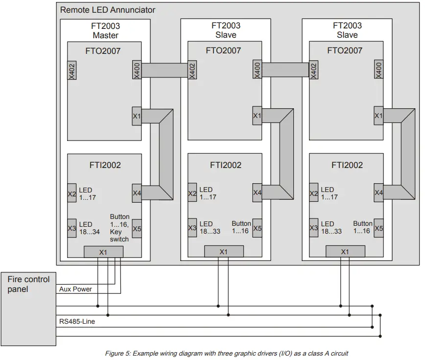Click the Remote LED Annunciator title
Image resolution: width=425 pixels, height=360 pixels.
point(108,10)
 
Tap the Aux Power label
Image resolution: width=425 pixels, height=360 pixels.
point(75,289)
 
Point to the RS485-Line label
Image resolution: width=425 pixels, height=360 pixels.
point(77,322)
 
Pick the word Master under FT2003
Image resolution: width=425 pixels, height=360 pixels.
point(106,35)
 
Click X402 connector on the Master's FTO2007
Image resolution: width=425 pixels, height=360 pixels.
point(72,71)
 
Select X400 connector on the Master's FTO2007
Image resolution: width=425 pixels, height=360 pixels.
point(137,71)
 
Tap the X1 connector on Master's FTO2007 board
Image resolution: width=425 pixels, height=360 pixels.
point(137,116)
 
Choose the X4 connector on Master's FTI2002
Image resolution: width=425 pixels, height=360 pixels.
point(137,193)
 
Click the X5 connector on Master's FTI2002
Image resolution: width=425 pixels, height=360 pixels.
point(137,228)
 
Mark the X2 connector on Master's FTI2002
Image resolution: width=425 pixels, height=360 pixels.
point(72,193)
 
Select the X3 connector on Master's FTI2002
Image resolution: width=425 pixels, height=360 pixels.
point(72,228)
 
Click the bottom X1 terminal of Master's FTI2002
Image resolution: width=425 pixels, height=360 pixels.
point(103,252)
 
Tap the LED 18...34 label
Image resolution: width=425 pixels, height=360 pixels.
point(90,228)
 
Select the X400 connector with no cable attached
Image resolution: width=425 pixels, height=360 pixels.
point(378,71)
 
